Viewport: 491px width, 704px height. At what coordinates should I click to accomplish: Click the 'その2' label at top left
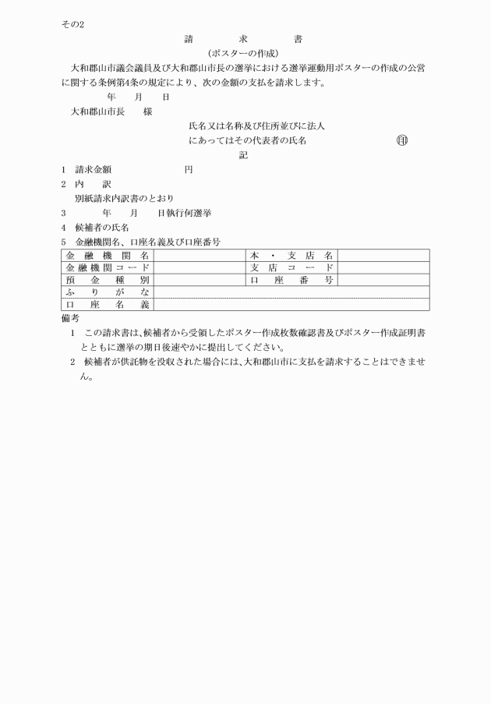(x=72, y=24)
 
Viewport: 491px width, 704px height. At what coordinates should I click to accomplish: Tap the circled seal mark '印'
(x=402, y=140)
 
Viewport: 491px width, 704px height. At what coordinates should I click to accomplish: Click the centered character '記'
(x=243, y=155)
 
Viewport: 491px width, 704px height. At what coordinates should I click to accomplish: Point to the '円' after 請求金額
(x=188, y=169)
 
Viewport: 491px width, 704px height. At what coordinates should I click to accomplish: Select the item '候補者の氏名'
(x=102, y=227)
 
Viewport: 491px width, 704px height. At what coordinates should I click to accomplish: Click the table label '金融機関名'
(x=108, y=255)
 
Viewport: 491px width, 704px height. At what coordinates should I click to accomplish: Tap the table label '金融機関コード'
(x=108, y=267)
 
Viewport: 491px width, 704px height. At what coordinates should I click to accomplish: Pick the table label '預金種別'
(x=108, y=279)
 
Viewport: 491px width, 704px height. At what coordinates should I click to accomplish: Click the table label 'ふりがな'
(x=108, y=292)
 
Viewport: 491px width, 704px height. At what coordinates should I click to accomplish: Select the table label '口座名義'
(x=108, y=304)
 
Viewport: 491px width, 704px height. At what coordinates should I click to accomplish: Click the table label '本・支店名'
(x=291, y=255)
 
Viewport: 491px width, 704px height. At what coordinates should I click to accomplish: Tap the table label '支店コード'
(x=291, y=267)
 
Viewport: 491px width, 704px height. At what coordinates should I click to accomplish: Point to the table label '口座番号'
(x=291, y=279)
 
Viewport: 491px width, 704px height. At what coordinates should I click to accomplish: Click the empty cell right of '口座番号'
(x=383, y=279)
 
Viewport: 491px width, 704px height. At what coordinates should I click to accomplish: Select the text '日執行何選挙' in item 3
(x=185, y=212)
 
